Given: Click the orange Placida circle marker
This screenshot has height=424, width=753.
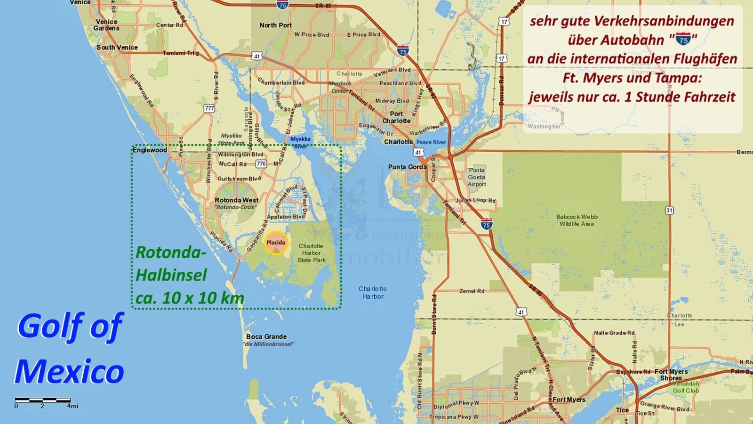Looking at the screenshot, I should pos(276,243).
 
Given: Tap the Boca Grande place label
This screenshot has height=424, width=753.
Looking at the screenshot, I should pos(266,336).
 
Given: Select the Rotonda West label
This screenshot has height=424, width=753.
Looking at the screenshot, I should pos(236,200).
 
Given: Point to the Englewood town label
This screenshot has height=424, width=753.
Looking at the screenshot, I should pos(150,150).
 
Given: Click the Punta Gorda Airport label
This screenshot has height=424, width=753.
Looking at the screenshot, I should pos(477,177).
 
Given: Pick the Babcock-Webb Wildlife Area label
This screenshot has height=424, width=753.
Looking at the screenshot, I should pos(577,220).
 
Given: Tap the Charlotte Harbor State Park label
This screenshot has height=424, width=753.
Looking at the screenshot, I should pos(311,253).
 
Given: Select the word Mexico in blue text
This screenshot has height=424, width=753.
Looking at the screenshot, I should pos(70,371).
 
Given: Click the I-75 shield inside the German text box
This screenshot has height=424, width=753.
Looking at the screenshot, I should pos(683,40).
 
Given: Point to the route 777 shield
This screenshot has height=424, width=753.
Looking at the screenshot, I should pos(209,108).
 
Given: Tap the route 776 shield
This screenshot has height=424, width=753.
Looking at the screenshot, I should pos(261,163).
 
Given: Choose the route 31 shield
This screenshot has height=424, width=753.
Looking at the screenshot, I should pos(669,210).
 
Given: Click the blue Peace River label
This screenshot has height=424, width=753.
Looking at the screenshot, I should pos(431,142).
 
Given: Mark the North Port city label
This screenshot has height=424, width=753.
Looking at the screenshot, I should pos(275,25).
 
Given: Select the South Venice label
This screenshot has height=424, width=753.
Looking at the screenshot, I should pos(117,47).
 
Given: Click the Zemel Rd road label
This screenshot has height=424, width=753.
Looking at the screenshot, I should pos(472,291).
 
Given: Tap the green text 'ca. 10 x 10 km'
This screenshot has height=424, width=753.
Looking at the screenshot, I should pos(190,298).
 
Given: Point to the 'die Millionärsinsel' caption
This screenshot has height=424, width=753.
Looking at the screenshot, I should pos(268,344).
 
